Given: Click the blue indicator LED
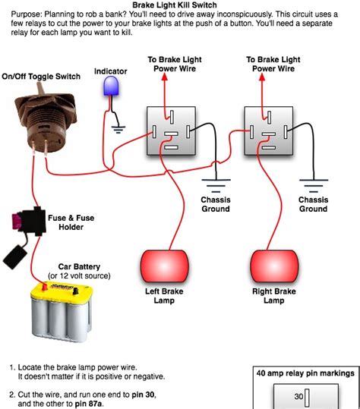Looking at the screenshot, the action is (x=111, y=86).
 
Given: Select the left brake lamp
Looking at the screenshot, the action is (x=165, y=266).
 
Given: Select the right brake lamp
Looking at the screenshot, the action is (x=274, y=266).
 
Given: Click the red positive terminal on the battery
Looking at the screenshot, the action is (x=45, y=287).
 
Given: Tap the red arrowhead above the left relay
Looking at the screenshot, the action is (x=165, y=77).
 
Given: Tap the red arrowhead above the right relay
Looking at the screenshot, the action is (x=262, y=77).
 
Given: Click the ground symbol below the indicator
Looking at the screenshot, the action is (x=118, y=130).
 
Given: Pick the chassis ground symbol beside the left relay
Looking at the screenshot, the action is (x=216, y=185).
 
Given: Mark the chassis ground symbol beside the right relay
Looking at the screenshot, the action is (x=314, y=185).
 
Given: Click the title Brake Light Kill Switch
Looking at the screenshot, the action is (x=175, y=5).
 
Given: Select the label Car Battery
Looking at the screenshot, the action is (x=79, y=266).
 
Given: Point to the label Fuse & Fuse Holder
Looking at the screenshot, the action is (x=71, y=222).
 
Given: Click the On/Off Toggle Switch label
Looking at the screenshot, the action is (x=41, y=77).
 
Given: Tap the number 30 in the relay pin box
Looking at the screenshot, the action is (x=298, y=396).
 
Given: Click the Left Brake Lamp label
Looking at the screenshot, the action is (x=164, y=296).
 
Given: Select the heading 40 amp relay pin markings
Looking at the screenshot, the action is (x=305, y=373).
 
